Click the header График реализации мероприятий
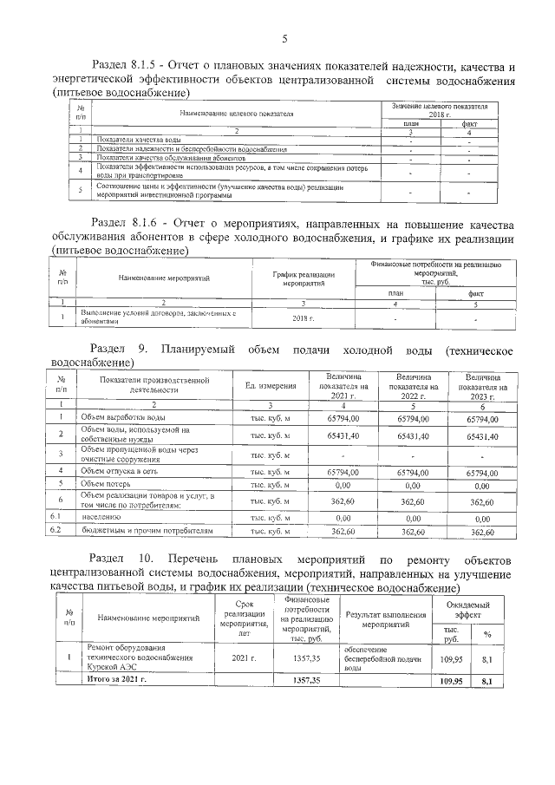[303, 278]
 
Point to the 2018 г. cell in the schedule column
[303, 317]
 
